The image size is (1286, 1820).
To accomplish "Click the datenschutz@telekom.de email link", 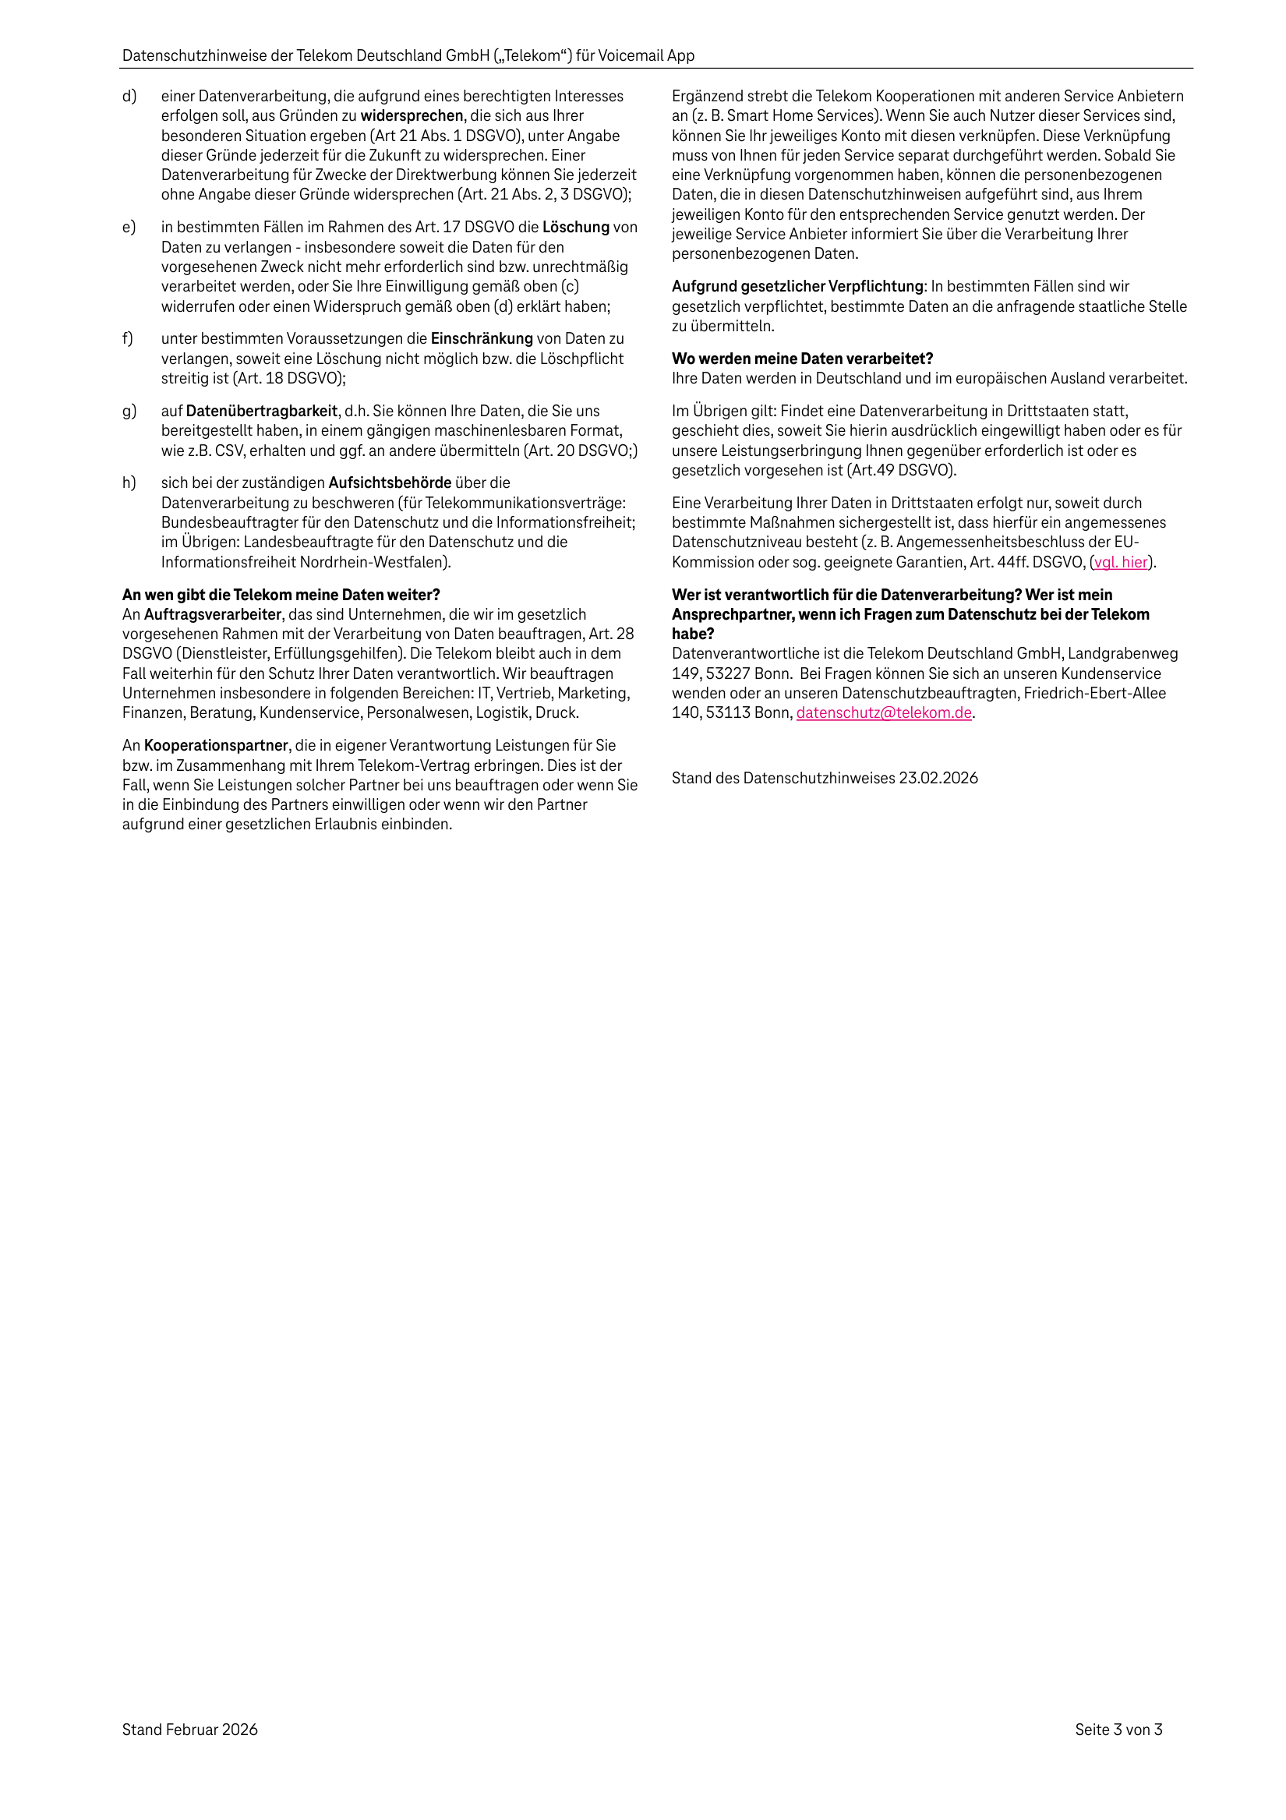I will pos(883,712).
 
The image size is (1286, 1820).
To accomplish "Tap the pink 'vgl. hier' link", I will pos(1121,562).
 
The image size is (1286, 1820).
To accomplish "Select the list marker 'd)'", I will pos(129,96).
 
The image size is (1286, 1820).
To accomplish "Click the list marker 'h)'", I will pos(129,482).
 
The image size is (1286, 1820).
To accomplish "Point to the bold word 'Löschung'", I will pos(576,228).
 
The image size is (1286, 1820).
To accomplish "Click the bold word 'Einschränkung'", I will pos(481,339).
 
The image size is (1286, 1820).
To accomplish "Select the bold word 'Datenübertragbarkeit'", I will pos(262,412).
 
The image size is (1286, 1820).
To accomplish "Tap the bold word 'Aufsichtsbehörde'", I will pos(390,482).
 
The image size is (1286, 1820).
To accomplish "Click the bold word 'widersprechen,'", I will pos(412,115).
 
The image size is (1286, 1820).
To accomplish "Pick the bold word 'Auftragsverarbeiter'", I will pos(213,614).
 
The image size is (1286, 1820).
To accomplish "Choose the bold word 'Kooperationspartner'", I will pos(216,746).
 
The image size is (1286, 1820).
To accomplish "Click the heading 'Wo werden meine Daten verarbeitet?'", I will pos(802,359).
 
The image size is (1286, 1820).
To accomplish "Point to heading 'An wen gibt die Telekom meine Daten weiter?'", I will pos(281,595).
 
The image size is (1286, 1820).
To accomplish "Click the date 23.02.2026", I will pos(938,779).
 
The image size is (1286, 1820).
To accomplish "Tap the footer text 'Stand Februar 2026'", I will pos(189,1730).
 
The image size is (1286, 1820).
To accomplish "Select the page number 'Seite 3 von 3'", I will pos(1118,1730).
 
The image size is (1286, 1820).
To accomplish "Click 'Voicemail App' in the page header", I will pos(645,55).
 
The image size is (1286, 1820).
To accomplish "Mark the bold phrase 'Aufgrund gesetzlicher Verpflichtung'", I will pos(797,287).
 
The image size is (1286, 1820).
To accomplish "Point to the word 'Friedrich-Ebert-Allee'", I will pos(1094,694).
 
